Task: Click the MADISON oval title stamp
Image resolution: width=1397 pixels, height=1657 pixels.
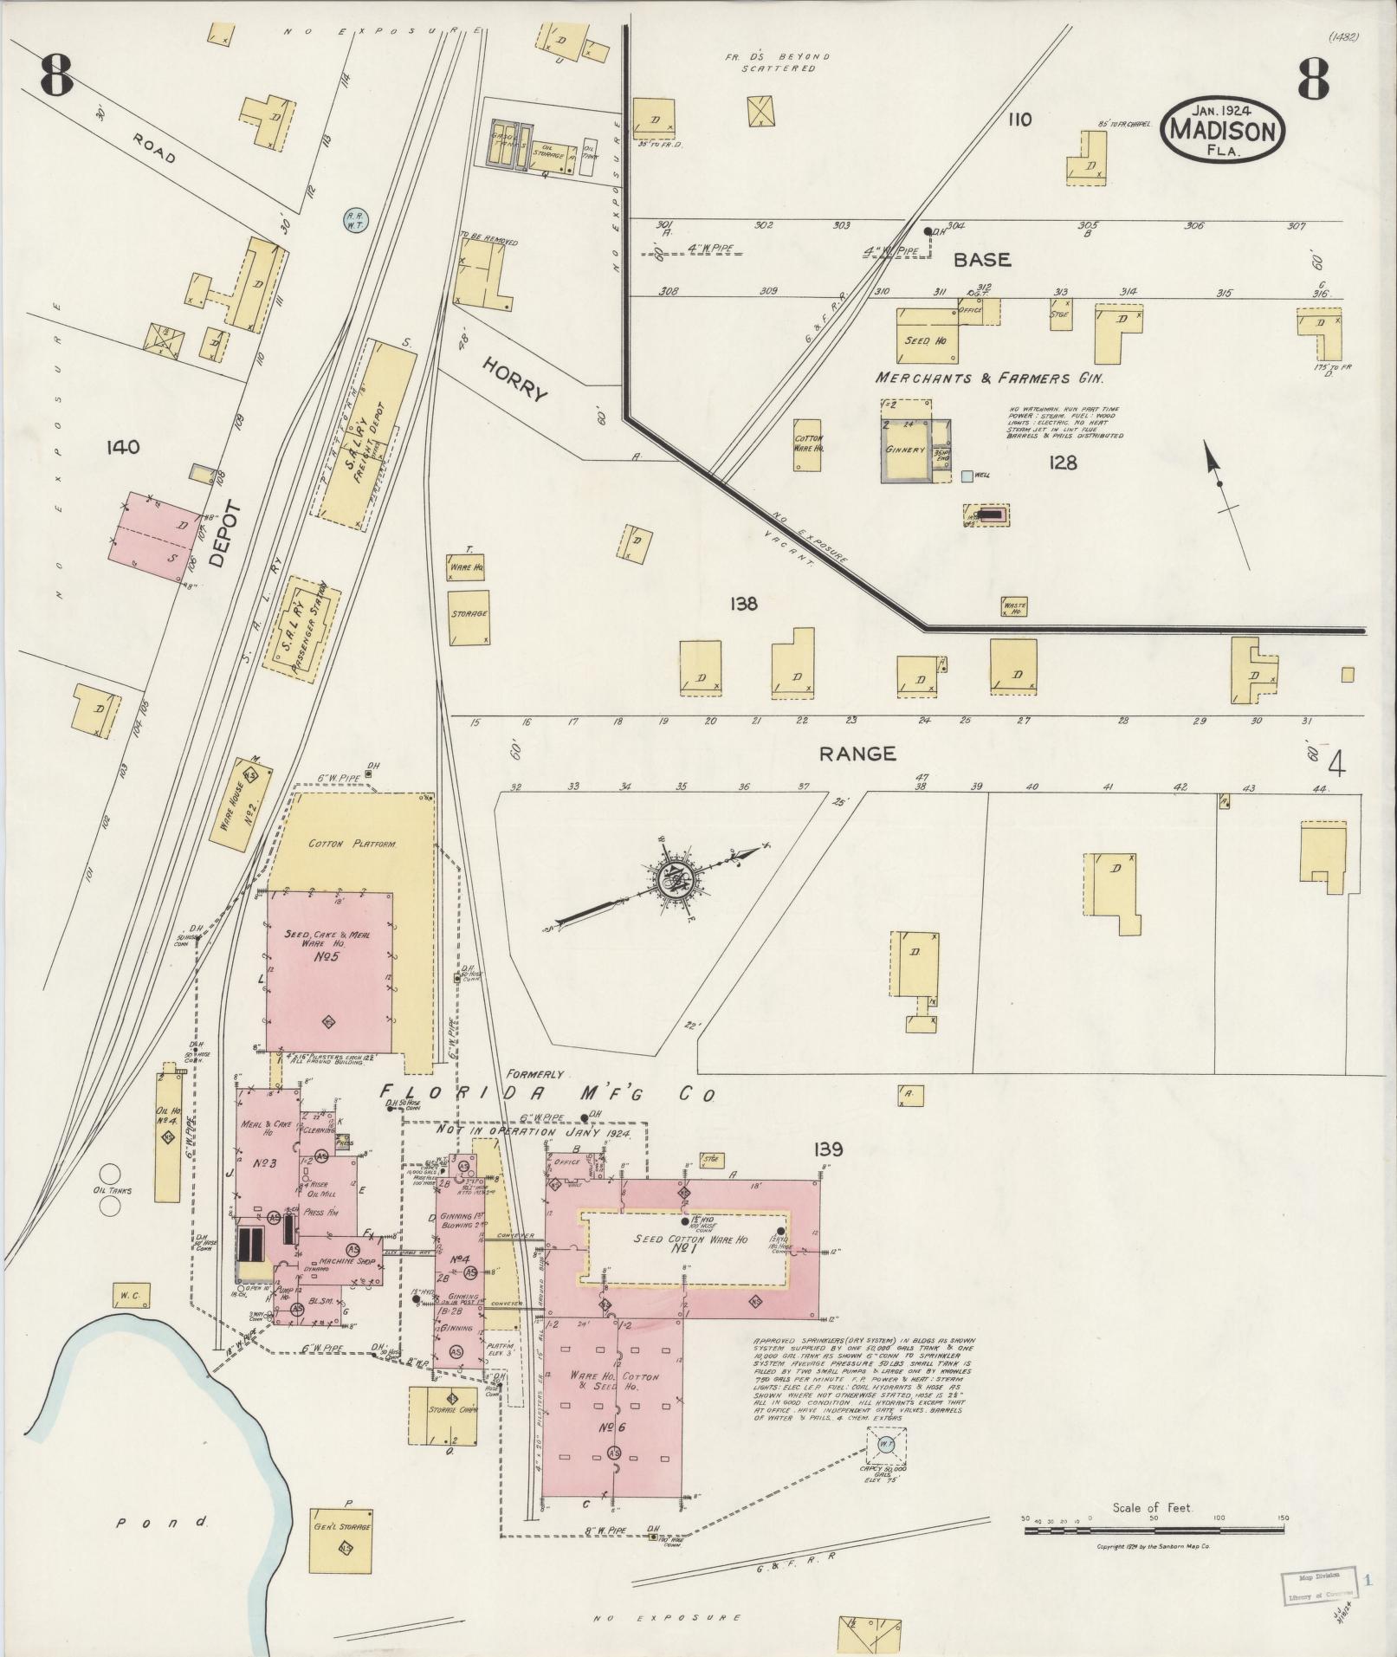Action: pyautogui.click(x=1223, y=130)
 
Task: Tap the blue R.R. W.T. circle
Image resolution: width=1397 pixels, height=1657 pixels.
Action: pyautogui.click(x=354, y=221)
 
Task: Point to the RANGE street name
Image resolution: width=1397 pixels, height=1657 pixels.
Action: pyautogui.click(x=857, y=754)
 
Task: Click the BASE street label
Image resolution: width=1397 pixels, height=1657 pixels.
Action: pyautogui.click(x=982, y=259)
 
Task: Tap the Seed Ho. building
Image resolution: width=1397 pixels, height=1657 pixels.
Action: pyautogui.click(x=927, y=340)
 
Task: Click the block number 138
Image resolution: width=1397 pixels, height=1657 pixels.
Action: pyautogui.click(x=743, y=604)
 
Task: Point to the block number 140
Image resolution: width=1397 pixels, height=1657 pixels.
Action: pyautogui.click(x=122, y=447)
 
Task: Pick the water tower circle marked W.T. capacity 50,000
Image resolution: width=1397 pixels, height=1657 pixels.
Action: pyautogui.click(x=886, y=1444)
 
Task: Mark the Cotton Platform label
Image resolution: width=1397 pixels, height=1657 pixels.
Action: pyautogui.click(x=352, y=843)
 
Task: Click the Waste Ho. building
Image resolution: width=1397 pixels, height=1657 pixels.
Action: pyautogui.click(x=1013, y=607)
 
